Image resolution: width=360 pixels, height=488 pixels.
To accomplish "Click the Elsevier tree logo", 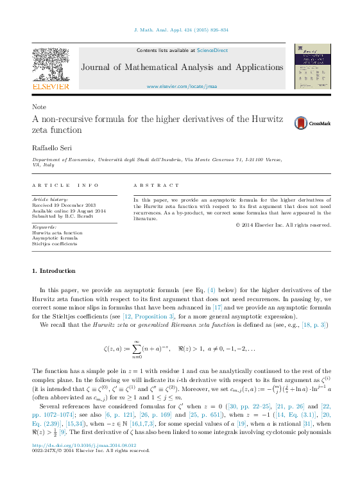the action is [x=51, y=64].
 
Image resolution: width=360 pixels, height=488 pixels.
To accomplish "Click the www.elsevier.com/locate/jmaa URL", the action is [x=182, y=86].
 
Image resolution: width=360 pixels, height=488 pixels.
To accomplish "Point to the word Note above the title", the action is [x=39, y=107].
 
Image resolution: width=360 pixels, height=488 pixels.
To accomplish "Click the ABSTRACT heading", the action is [x=157, y=186].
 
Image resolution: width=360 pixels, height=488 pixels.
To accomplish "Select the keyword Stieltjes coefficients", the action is [x=55, y=244].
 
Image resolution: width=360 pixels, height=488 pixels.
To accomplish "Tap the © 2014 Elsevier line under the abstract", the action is [x=283, y=225].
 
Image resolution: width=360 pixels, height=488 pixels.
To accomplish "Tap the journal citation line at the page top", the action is [x=180, y=30].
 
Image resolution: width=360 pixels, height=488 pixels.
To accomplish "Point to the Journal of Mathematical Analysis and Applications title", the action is [x=182, y=67].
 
